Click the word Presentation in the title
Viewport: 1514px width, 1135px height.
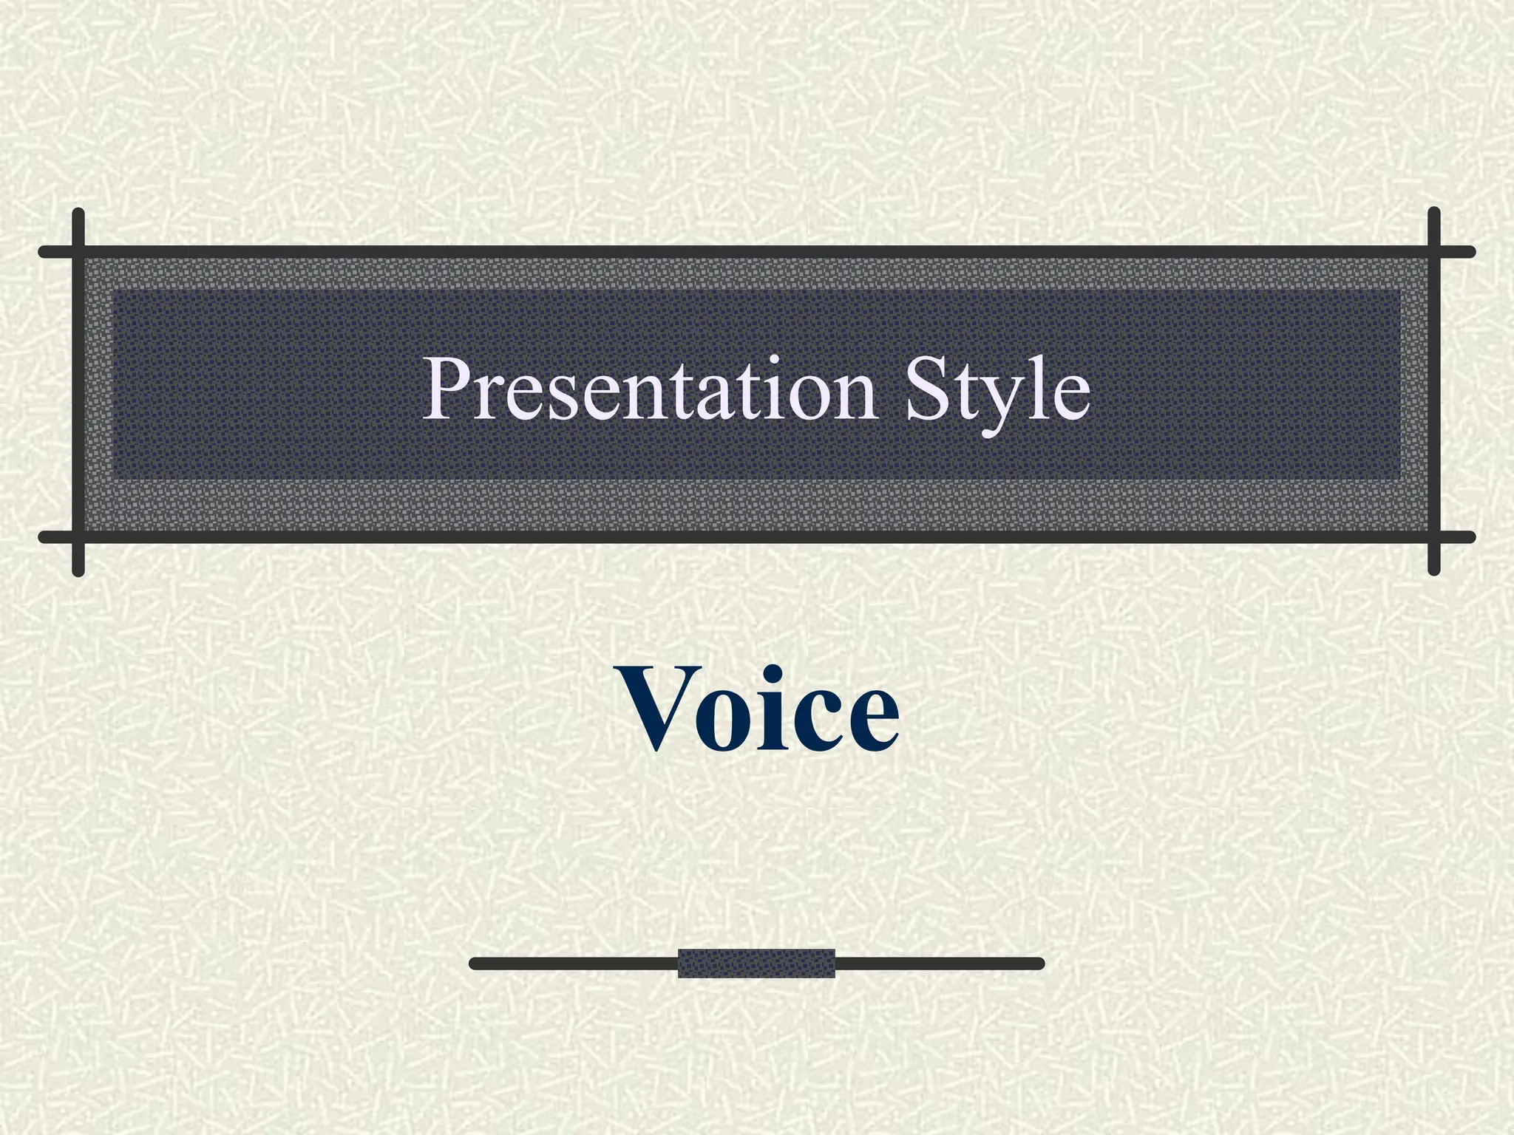(x=651, y=389)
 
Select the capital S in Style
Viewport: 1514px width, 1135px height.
(x=929, y=389)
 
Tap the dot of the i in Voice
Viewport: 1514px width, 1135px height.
(x=791, y=675)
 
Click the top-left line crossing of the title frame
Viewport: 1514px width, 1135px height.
(x=78, y=252)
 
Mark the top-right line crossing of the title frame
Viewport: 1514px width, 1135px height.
(x=1434, y=252)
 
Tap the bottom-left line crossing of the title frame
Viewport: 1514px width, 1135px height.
(x=78, y=537)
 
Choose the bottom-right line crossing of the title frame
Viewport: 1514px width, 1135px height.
(x=1434, y=537)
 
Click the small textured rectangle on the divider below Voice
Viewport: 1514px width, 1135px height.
(x=756, y=964)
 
